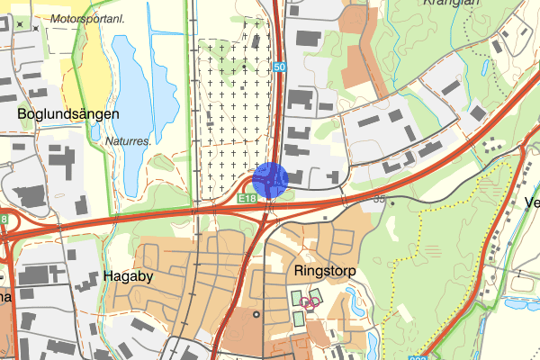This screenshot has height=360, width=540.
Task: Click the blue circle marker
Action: coord(269,178)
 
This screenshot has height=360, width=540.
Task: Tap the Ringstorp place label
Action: coord(325,270)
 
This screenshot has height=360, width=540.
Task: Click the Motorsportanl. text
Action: coord(88,18)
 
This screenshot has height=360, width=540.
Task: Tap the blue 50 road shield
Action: coord(280,67)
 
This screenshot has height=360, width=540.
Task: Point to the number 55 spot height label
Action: coord(379,199)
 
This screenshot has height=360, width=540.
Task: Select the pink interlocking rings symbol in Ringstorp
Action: coord(310,304)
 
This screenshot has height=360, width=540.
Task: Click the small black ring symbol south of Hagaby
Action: coord(256,314)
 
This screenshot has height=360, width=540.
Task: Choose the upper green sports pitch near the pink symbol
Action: coord(297,297)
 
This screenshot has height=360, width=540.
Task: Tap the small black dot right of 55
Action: coord(392,201)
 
